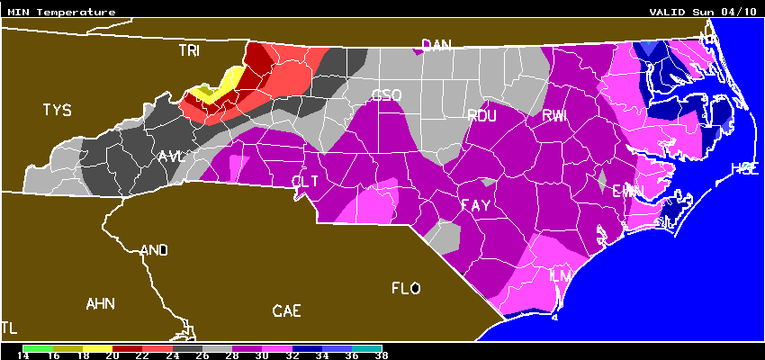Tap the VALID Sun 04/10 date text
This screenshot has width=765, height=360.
coord(703,13)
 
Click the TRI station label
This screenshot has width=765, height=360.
coord(189,51)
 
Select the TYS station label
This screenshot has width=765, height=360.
coord(57,110)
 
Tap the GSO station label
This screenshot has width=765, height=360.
coord(386,94)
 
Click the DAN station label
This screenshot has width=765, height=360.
coord(436,45)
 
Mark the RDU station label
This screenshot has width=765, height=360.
coord(482,114)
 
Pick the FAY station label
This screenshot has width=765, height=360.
coord(475,205)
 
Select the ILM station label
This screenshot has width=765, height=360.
coord(560,274)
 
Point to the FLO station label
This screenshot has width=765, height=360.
coord(406,288)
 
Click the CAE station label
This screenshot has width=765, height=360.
coord(286,311)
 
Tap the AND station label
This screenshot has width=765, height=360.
coord(155,250)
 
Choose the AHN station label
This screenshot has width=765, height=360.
coord(100,303)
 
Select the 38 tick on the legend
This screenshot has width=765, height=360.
coord(382,355)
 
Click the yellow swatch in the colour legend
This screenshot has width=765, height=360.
coord(98,346)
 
